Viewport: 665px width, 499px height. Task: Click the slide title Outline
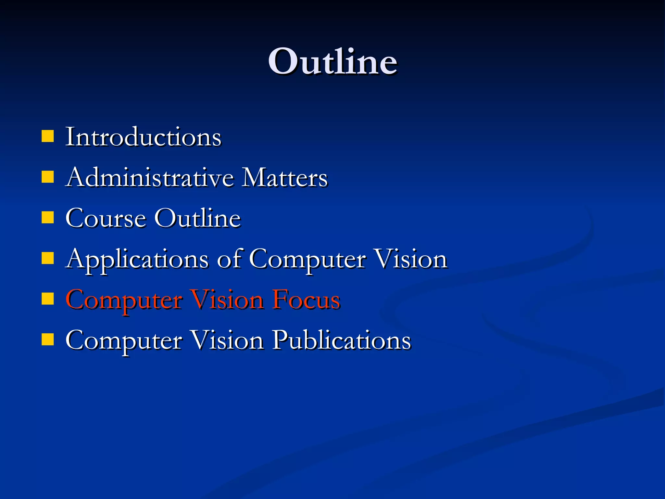coord(332,61)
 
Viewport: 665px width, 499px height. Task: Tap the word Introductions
coord(143,137)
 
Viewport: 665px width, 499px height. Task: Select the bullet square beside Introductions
coord(48,136)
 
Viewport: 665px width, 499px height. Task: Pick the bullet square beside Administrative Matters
coord(48,177)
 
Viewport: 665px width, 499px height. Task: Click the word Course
coord(106,218)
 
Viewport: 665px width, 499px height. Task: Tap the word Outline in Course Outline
coord(197,218)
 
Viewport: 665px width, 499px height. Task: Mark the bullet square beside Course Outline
coord(48,218)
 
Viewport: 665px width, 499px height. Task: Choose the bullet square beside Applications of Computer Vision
coord(48,259)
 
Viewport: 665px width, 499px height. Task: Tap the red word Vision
coord(227,300)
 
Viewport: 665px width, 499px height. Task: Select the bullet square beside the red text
coord(48,299)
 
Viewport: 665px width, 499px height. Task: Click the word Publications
coord(341,340)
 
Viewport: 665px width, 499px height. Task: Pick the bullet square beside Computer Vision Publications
coord(48,340)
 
